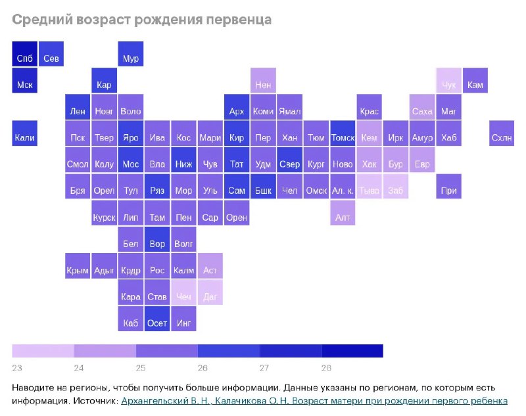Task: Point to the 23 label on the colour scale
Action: click(17, 367)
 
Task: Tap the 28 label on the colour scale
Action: click(327, 367)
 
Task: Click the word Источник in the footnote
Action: click(95, 400)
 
